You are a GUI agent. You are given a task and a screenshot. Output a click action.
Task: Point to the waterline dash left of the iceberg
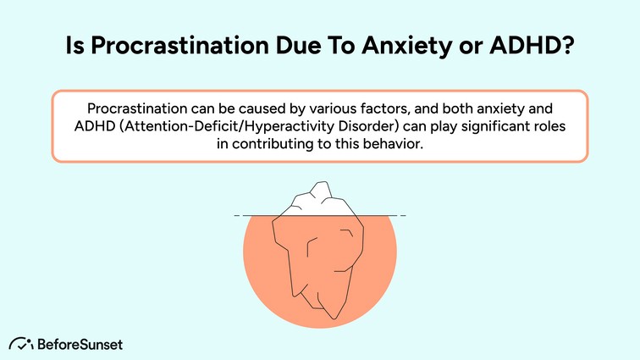(237, 216)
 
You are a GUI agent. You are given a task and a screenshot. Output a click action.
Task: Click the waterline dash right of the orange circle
(403, 216)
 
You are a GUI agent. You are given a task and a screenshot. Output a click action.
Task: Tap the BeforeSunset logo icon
(20, 343)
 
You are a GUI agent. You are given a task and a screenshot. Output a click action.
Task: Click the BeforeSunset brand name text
(80, 343)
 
